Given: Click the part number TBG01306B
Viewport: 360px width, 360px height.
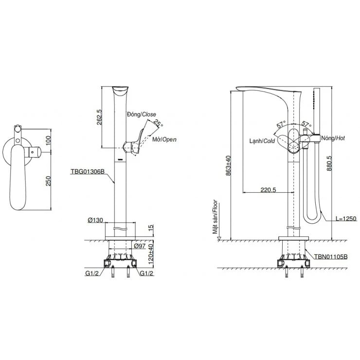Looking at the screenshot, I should tap(89, 171).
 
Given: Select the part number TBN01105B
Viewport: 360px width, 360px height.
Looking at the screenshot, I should tap(331, 257).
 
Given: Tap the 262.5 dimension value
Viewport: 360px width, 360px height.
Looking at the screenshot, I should tap(100, 117).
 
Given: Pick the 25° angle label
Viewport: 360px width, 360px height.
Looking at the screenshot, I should tap(156, 122).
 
